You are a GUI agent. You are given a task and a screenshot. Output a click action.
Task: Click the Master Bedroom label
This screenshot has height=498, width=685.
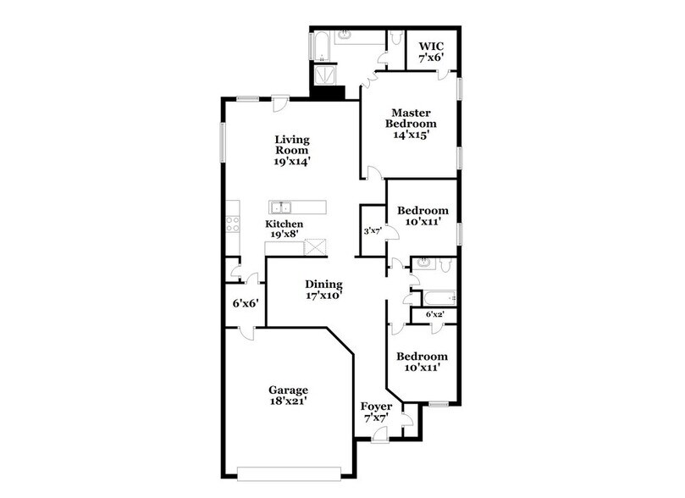(x=412, y=124)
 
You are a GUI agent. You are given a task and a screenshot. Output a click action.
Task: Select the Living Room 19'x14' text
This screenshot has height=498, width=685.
(x=290, y=150)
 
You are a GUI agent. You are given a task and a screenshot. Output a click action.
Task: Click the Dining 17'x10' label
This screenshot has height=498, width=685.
(x=323, y=290)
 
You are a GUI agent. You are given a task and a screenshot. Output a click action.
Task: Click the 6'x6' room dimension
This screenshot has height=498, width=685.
(x=246, y=302)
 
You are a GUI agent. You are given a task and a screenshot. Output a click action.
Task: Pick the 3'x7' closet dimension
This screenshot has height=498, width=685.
(x=373, y=230)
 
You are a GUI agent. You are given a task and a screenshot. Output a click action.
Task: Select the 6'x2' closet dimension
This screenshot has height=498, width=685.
(x=434, y=315)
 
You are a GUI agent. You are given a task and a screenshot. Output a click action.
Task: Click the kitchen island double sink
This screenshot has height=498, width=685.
(x=282, y=207)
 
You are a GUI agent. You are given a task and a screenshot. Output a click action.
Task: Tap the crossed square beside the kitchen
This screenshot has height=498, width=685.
(x=315, y=247)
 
